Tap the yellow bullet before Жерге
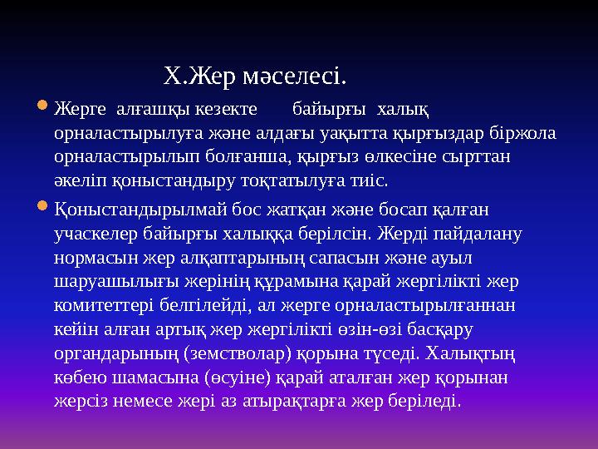[43, 107]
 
